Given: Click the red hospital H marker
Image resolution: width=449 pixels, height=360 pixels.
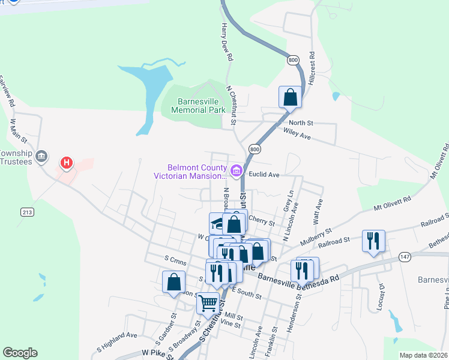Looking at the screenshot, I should (x=67, y=163).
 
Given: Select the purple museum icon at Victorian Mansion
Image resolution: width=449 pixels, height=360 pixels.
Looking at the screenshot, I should (x=236, y=172).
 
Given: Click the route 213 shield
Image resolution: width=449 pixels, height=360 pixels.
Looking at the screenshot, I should (x=28, y=212).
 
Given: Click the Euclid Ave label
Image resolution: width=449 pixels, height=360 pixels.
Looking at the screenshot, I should (x=265, y=175).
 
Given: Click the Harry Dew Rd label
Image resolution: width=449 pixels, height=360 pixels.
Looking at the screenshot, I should (x=227, y=43).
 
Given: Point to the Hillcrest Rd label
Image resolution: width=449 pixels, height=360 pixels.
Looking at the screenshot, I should (x=312, y=67).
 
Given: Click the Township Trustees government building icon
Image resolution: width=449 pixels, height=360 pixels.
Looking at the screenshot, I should (x=41, y=157).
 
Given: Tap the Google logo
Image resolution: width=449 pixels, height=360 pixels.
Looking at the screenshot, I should (x=20, y=353).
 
